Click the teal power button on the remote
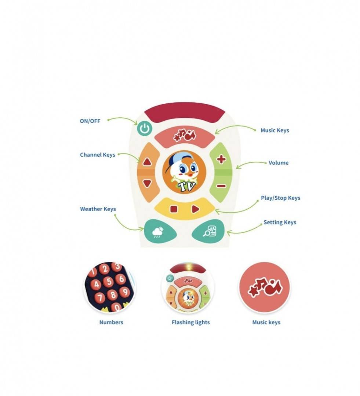pyautogui.click(x=145, y=129)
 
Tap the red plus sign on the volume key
pyautogui.click(x=221, y=159)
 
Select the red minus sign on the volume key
pyautogui.click(x=221, y=186)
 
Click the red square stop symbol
pyautogui.click(x=174, y=209)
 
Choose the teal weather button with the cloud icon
pyautogui.click(x=160, y=231)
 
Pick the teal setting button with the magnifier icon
pyautogui.click(x=208, y=231)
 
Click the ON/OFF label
pyautogui.click(x=90, y=121)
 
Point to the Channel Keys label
pyautogui.click(x=98, y=155)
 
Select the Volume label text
pyautogui.click(x=278, y=163)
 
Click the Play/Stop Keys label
pyautogui.click(x=281, y=198)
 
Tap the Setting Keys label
pyautogui.click(x=280, y=222)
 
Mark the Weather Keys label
pyautogui.click(x=98, y=209)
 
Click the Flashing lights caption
pyautogui.click(x=190, y=322)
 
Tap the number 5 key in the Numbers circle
pyautogui.click(x=109, y=281)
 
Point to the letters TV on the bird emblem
pyautogui.click(x=187, y=186)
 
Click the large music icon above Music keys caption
pyautogui.click(x=265, y=287)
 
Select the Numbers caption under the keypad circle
pyautogui.click(x=111, y=322)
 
